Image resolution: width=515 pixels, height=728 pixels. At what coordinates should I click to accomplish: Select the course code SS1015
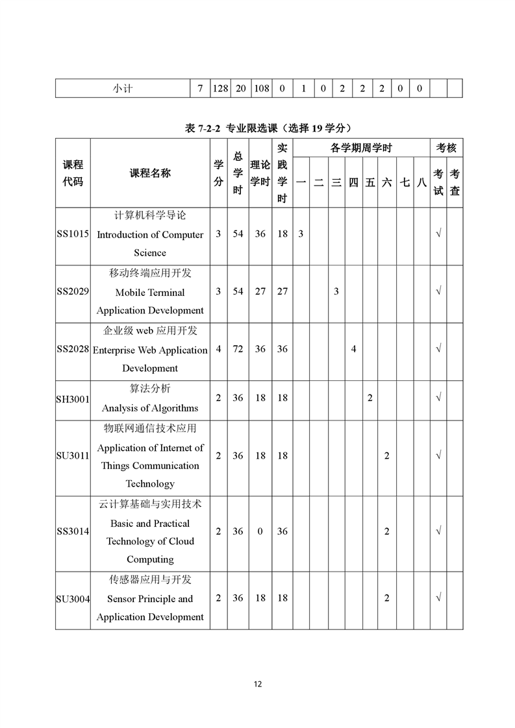pyautogui.click(x=73, y=234)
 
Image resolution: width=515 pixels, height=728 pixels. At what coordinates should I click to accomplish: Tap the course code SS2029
pyautogui.click(x=73, y=292)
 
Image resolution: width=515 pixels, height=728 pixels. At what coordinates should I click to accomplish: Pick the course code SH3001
pyautogui.click(x=73, y=398)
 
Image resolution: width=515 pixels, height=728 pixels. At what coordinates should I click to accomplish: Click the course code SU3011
pyautogui.click(x=73, y=456)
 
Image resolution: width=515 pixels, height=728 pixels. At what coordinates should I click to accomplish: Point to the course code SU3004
pyautogui.click(x=73, y=599)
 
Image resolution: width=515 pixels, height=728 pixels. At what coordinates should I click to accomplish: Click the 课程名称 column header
pyautogui.click(x=150, y=173)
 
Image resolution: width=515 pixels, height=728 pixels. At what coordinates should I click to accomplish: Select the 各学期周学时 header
pyautogui.click(x=361, y=149)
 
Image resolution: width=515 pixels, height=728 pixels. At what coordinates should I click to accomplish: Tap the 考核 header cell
pyautogui.click(x=446, y=149)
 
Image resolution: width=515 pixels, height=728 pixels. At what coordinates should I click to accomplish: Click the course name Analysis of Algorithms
pyautogui.click(x=150, y=408)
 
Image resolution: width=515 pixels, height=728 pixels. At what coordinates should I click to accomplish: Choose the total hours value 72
pyautogui.click(x=238, y=349)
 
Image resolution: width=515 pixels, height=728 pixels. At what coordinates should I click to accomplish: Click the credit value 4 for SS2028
pyautogui.click(x=218, y=349)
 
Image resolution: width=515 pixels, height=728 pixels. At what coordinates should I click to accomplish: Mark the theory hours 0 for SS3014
pyautogui.click(x=260, y=531)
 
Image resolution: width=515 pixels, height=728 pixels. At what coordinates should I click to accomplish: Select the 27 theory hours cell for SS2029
pyautogui.click(x=260, y=292)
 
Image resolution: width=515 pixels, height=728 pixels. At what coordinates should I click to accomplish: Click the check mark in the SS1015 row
pyautogui.click(x=438, y=234)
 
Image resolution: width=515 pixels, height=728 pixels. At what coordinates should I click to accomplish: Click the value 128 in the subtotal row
pyautogui.click(x=220, y=88)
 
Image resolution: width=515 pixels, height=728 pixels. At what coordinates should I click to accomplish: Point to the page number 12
pyautogui.click(x=258, y=684)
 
